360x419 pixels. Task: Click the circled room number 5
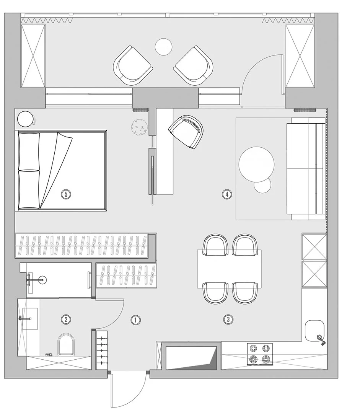tap(66, 194)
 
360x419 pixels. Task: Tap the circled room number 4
tap(227, 194)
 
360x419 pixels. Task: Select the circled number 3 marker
tap(228, 320)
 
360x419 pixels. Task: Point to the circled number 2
tap(66, 320)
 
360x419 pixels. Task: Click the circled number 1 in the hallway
tap(135, 320)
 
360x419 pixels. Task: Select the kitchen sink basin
tap(314, 331)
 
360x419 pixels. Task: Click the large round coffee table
tap(256, 164)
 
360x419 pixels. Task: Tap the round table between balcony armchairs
tap(164, 47)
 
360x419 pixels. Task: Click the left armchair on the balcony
tap(133, 66)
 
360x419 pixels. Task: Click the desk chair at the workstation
tap(186, 132)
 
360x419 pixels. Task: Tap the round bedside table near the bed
tap(26, 119)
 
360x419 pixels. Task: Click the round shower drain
tap(43, 280)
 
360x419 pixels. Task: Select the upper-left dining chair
tap(216, 245)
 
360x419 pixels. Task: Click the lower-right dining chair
tap(245, 293)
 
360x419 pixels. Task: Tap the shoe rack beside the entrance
tap(102, 350)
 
